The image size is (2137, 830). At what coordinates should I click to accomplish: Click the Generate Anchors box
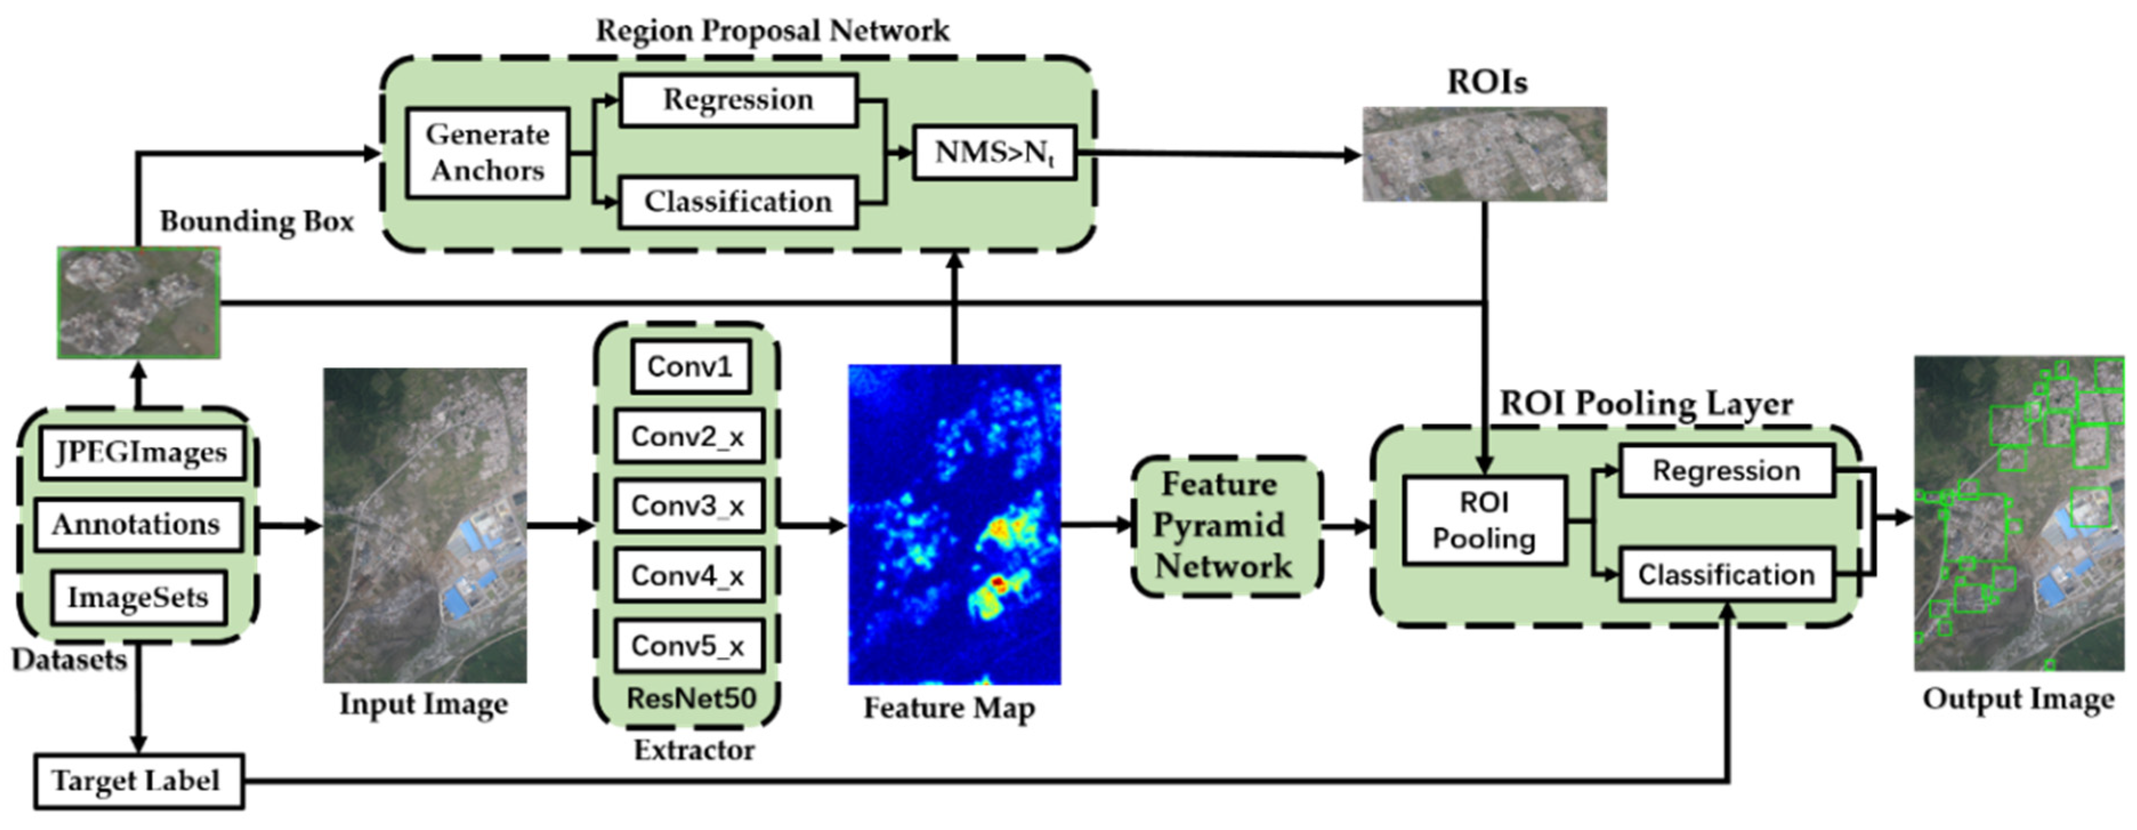[x=487, y=152]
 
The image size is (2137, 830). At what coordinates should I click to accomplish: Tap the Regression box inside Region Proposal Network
[x=738, y=100]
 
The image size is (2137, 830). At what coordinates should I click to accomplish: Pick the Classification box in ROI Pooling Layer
[x=1726, y=574]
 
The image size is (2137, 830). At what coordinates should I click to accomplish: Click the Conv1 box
[x=690, y=366]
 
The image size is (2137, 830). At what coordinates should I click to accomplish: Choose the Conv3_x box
[x=689, y=506]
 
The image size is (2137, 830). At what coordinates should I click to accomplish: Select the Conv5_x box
[x=689, y=645]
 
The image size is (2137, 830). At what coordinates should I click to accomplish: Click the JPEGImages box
[x=141, y=453]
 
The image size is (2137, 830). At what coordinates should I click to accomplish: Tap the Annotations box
[x=137, y=524]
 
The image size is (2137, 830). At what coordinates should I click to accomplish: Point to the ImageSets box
[x=137, y=597]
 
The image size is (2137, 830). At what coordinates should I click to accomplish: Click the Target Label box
[x=137, y=781]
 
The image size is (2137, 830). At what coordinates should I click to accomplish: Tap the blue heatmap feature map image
[x=954, y=524]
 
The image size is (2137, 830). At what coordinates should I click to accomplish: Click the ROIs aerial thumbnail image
[x=1484, y=154]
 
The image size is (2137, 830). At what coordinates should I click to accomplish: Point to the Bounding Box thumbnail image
[x=139, y=303]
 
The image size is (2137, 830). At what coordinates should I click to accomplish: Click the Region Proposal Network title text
[x=772, y=31]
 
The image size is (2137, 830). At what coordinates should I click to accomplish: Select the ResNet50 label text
[x=690, y=698]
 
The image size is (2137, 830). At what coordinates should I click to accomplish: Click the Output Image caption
[x=2018, y=699]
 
